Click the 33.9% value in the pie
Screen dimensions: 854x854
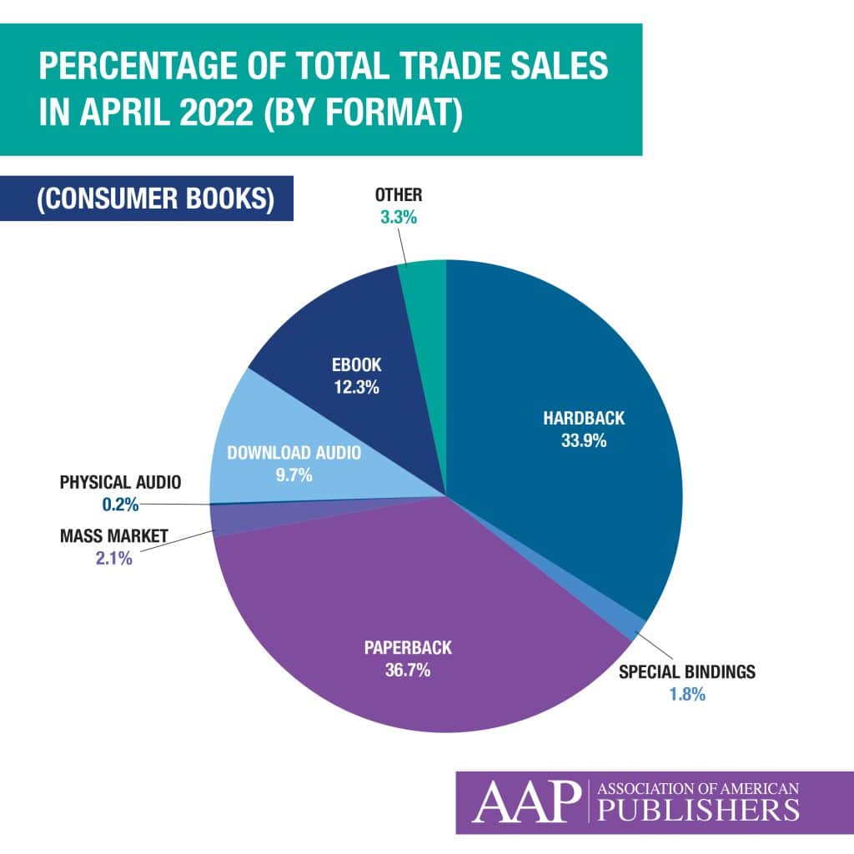click(583, 441)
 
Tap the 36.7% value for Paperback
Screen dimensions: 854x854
click(407, 670)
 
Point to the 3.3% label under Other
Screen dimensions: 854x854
click(398, 221)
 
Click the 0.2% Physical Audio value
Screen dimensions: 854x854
click(115, 504)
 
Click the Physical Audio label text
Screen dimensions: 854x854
click(120, 482)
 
